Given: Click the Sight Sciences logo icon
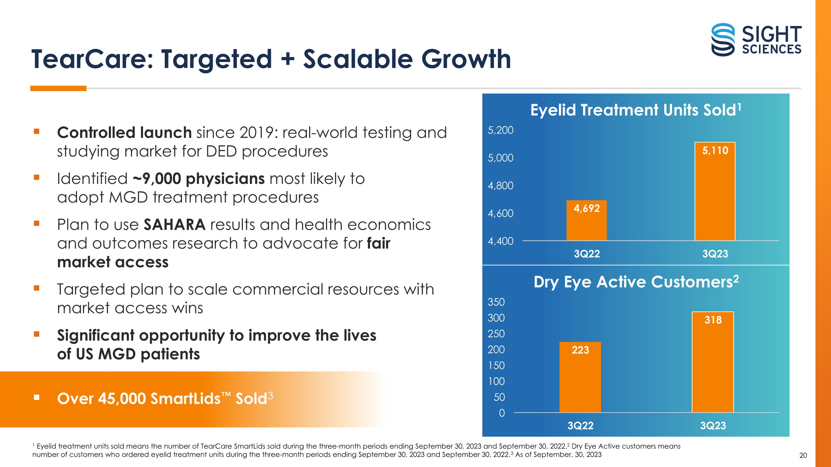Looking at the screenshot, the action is pos(723,40).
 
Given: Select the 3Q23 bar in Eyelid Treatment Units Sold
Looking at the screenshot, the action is pos(715,191).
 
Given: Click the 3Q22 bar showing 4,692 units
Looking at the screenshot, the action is pos(586,220).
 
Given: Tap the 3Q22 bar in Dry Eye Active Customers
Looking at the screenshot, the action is pos(580,377).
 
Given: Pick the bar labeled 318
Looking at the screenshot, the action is pos(713,362).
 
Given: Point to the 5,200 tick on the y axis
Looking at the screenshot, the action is pos(500,130).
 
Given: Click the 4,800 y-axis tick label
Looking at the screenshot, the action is pos(500,186).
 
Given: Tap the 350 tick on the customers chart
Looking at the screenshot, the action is pos(496,302).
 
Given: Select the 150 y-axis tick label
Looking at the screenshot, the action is pos(496,365).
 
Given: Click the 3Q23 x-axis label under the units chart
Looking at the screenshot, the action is pos(715,254).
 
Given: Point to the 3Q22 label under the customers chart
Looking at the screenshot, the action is pos(580,426).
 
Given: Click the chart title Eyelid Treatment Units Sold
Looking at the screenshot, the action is pos(635,110).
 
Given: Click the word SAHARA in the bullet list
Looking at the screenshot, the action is pos(175,225).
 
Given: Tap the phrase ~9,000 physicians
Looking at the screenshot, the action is pos(198,179).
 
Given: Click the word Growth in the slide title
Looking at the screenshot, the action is pos(466,59).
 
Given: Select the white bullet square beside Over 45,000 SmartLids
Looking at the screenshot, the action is pos(37,398).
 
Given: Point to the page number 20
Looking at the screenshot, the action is pos(803,455).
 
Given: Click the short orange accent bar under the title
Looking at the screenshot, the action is pos(58,88).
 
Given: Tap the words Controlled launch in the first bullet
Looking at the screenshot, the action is pos(125,133).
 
